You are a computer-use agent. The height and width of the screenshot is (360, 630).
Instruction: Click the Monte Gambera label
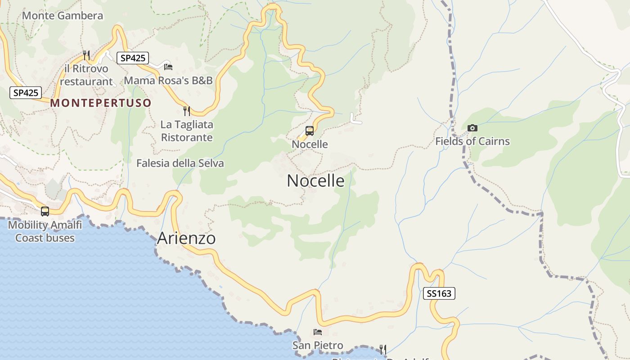(x=63, y=16)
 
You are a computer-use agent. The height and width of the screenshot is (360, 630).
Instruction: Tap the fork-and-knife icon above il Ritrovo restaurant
(x=86, y=55)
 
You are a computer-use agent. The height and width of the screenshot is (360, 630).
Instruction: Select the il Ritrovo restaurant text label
(x=86, y=75)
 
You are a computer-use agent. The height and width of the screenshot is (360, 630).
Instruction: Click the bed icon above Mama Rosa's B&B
(x=168, y=67)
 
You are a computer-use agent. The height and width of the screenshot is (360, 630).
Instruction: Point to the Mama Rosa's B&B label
(x=168, y=81)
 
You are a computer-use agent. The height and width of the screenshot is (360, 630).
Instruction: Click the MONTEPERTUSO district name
(x=101, y=103)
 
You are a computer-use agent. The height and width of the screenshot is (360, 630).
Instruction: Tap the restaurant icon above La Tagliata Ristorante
(x=187, y=111)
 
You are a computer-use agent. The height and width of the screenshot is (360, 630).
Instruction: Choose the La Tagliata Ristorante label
(x=187, y=131)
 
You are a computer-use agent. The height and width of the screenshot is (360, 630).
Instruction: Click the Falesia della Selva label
(x=180, y=163)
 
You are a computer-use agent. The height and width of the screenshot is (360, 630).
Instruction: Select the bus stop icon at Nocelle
(x=310, y=131)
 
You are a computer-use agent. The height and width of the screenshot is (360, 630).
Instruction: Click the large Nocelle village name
(x=315, y=181)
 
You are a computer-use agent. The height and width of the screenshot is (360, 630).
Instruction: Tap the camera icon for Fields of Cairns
(x=472, y=128)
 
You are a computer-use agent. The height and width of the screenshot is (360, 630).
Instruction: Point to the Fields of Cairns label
(x=472, y=141)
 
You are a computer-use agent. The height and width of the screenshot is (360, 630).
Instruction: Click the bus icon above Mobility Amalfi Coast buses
(x=45, y=211)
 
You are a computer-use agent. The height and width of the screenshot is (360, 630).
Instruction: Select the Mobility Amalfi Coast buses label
(x=45, y=231)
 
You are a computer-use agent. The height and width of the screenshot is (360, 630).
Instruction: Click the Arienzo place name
(x=186, y=238)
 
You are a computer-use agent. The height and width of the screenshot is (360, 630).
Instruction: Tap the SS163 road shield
(x=439, y=294)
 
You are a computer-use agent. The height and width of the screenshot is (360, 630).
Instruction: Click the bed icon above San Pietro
(x=318, y=332)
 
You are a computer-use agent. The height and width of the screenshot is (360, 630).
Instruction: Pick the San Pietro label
(x=318, y=346)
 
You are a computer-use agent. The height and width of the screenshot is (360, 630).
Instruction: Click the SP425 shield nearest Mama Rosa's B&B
(x=132, y=58)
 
